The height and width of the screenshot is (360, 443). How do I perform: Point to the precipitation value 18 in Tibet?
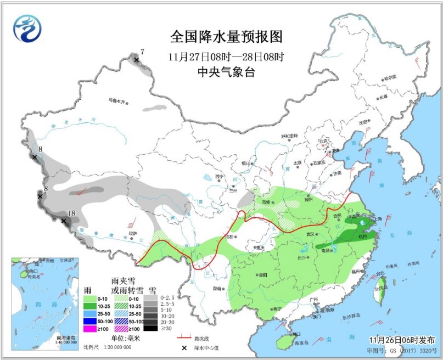click(70, 213)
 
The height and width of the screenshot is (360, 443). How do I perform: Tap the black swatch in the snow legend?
click(155, 329)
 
